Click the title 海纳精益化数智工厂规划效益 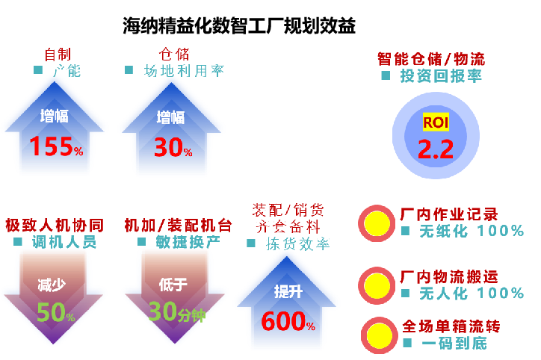239,25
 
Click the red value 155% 56,146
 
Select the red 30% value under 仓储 173,148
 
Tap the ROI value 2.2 436,149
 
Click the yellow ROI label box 436,122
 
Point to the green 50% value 55,312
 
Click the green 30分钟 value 177,311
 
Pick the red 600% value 288,321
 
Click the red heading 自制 58,55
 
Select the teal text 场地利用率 184,71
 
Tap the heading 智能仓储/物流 431,59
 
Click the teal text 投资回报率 441,76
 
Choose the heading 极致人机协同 55,225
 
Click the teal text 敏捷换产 188,242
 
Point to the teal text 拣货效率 297,244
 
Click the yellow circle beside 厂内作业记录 377,223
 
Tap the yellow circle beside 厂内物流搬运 377,285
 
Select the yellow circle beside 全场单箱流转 380,335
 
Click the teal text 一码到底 454,343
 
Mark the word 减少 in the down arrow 52,285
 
